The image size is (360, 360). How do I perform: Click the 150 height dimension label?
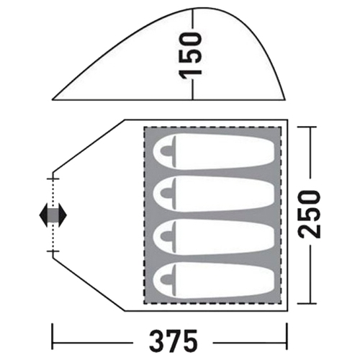tap(191, 56)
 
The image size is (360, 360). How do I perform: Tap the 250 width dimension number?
tap(309, 215)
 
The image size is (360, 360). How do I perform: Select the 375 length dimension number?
tap(173, 341)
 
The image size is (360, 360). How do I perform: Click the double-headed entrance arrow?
tap(53, 215)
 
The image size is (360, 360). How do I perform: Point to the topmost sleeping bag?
tap(214, 152)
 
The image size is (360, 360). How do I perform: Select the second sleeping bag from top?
tap(214, 194)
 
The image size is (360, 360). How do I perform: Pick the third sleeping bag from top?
tap(214, 237)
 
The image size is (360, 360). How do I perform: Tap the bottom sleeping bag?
tap(214, 280)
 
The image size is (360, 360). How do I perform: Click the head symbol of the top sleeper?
tap(166, 151)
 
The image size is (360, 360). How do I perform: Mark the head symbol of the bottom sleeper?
tap(166, 279)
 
